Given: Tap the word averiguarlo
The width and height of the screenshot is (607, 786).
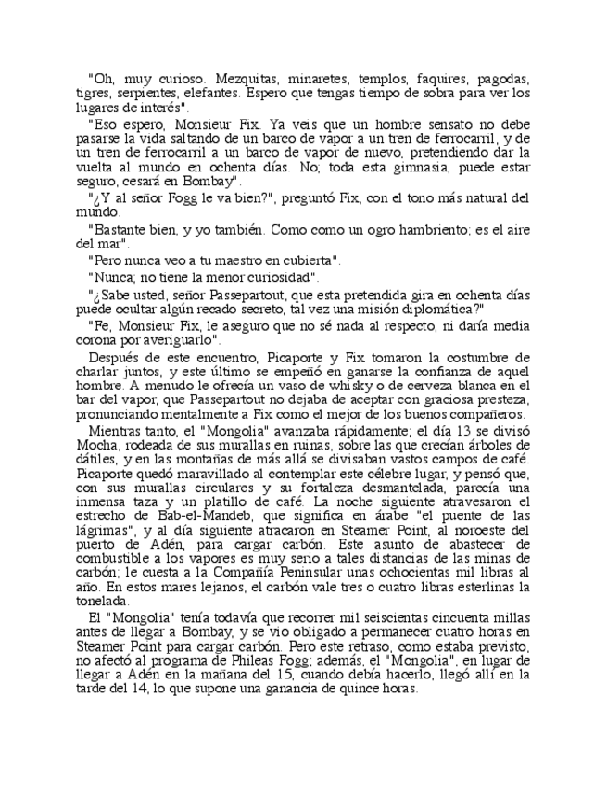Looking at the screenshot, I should [182, 342].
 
